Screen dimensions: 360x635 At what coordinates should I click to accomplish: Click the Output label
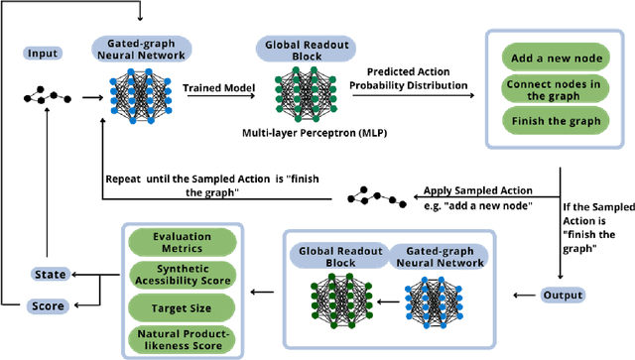tap(563, 295)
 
